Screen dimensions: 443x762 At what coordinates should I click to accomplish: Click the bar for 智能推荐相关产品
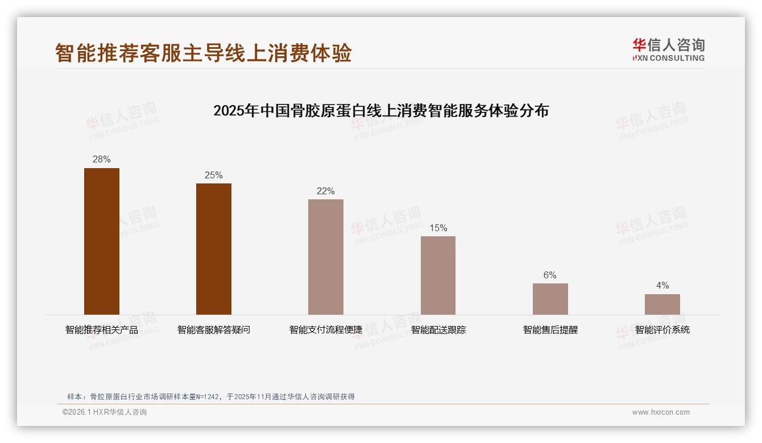click(102, 241)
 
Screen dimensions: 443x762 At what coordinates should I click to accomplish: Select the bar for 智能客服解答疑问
click(214, 249)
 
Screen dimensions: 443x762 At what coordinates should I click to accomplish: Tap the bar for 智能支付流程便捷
click(326, 257)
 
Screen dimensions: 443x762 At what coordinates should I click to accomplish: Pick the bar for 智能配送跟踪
click(438, 275)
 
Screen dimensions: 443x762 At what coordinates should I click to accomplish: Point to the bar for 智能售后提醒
click(550, 299)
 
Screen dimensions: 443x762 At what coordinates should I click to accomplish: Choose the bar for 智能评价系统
click(662, 304)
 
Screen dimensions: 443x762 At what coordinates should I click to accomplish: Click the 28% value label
click(102, 160)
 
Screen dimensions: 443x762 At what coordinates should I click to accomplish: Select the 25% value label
click(214, 175)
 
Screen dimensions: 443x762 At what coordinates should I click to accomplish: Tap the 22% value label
click(326, 191)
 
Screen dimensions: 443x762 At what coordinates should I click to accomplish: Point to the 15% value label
click(438, 228)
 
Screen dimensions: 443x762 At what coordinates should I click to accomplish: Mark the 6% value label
click(550, 275)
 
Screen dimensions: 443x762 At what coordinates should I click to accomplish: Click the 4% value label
click(662, 286)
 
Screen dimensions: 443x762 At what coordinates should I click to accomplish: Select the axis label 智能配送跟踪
click(438, 329)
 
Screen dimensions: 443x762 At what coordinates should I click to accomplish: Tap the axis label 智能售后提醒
click(550, 329)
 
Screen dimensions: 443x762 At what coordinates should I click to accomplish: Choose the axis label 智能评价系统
click(662, 329)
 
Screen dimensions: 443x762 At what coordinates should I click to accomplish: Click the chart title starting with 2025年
click(381, 111)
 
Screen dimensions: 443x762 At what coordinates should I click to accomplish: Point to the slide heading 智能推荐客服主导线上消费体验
click(204, 53)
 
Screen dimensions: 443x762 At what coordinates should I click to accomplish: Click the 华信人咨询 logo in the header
click(668, 49)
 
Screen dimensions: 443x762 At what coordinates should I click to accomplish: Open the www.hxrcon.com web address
click(661, 412)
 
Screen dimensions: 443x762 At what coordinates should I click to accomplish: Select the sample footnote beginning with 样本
click(211, 396)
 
